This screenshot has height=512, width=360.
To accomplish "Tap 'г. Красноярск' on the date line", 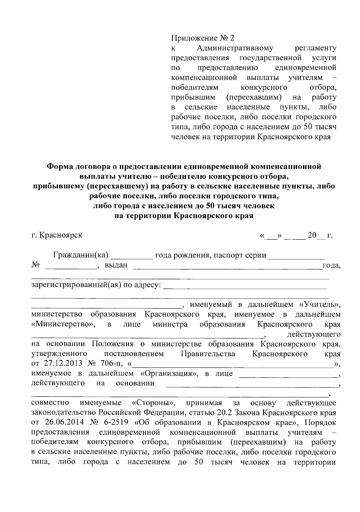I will pyautogui.click(x=57, y=235).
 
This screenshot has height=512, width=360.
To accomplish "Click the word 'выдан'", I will pyautogui.click(x=116, y=265).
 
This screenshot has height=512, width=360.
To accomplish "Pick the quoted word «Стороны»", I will pyautogui.click(x=154, y=403).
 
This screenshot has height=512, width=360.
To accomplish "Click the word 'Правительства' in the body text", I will pyautogui.click(x=208, y=354).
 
